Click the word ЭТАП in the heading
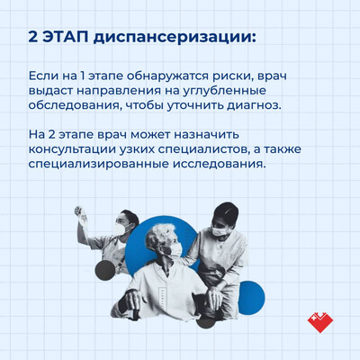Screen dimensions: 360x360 pos(65,38)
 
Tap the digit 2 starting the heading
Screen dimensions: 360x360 pos(32,38)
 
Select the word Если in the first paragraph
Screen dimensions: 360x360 pos(43,76)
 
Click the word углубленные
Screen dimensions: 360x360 pos(224,92)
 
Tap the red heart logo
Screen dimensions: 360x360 pos(320,322)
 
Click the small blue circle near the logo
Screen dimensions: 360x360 pos(251,296)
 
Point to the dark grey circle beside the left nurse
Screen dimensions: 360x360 pos(105,270)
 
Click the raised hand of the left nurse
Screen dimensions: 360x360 pos(80,214)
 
